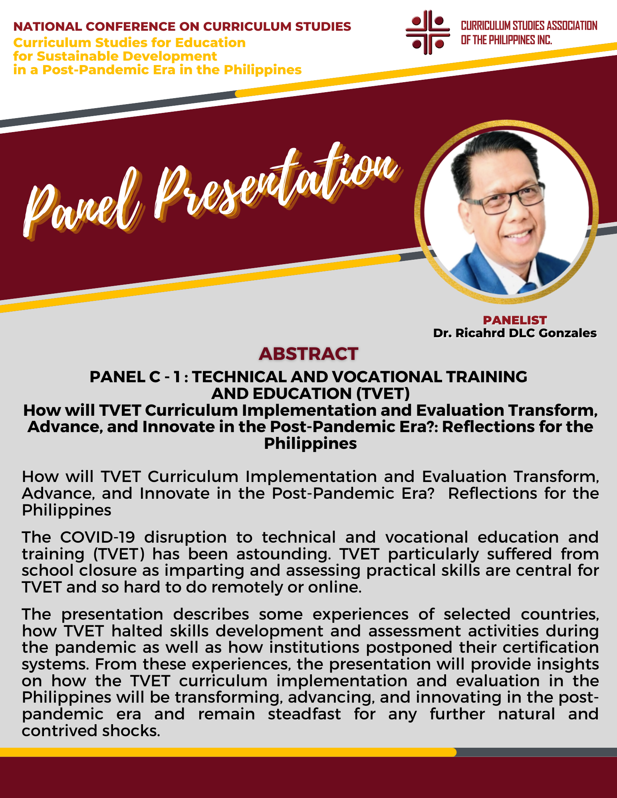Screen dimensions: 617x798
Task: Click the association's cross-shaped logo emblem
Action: click(x=427, y=32)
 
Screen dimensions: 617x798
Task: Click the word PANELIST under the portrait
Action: click(x=515, y=320)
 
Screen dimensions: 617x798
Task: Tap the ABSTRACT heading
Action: click(x=308, y=354)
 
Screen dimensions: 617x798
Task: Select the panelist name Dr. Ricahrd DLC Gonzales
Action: click(x=515, y=333)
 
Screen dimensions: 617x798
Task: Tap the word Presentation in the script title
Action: click(x=276, y=184)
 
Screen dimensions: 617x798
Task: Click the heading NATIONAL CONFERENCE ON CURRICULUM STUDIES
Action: click(x=182, y=27)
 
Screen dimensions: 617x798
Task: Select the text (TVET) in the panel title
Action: click(x=383, y=394)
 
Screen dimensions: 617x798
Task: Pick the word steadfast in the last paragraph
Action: click(x=304, y=714)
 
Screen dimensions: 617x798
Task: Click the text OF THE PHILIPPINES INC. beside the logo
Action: click(x=506, y=40)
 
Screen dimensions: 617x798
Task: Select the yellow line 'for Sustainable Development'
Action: click(x=115, y=56)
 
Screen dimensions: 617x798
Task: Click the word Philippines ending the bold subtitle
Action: click(x=310, y=444)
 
